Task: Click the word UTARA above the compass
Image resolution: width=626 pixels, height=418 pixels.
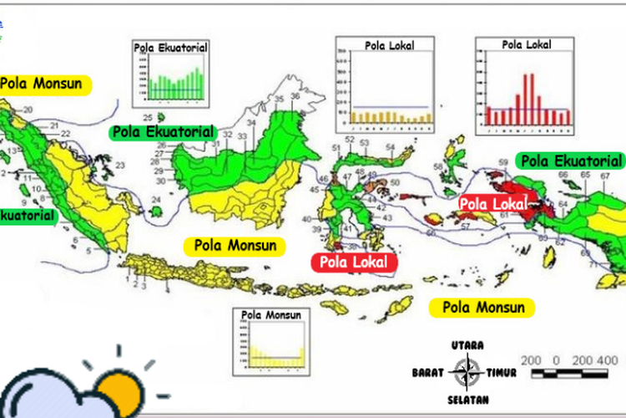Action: (x=467, y=345)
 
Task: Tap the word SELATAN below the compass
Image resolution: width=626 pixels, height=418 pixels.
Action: (x=467, y=397)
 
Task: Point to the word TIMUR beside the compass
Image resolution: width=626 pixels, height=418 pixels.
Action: (x=502, y=372)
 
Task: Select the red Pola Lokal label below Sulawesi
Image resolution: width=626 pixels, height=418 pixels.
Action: (x=353, y=262)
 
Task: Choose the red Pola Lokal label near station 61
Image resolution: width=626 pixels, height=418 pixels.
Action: (x=492, y=203)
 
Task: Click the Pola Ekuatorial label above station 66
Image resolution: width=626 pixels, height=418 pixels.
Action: (x=570, y=161)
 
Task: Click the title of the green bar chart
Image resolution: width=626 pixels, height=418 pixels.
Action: (x=170, y=48)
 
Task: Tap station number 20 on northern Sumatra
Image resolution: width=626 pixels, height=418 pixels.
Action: (x=27, y=110)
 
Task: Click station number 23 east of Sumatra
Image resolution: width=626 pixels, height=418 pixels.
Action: (x=119, y=166)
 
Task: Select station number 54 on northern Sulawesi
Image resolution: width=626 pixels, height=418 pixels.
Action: (x=390, y=148)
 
